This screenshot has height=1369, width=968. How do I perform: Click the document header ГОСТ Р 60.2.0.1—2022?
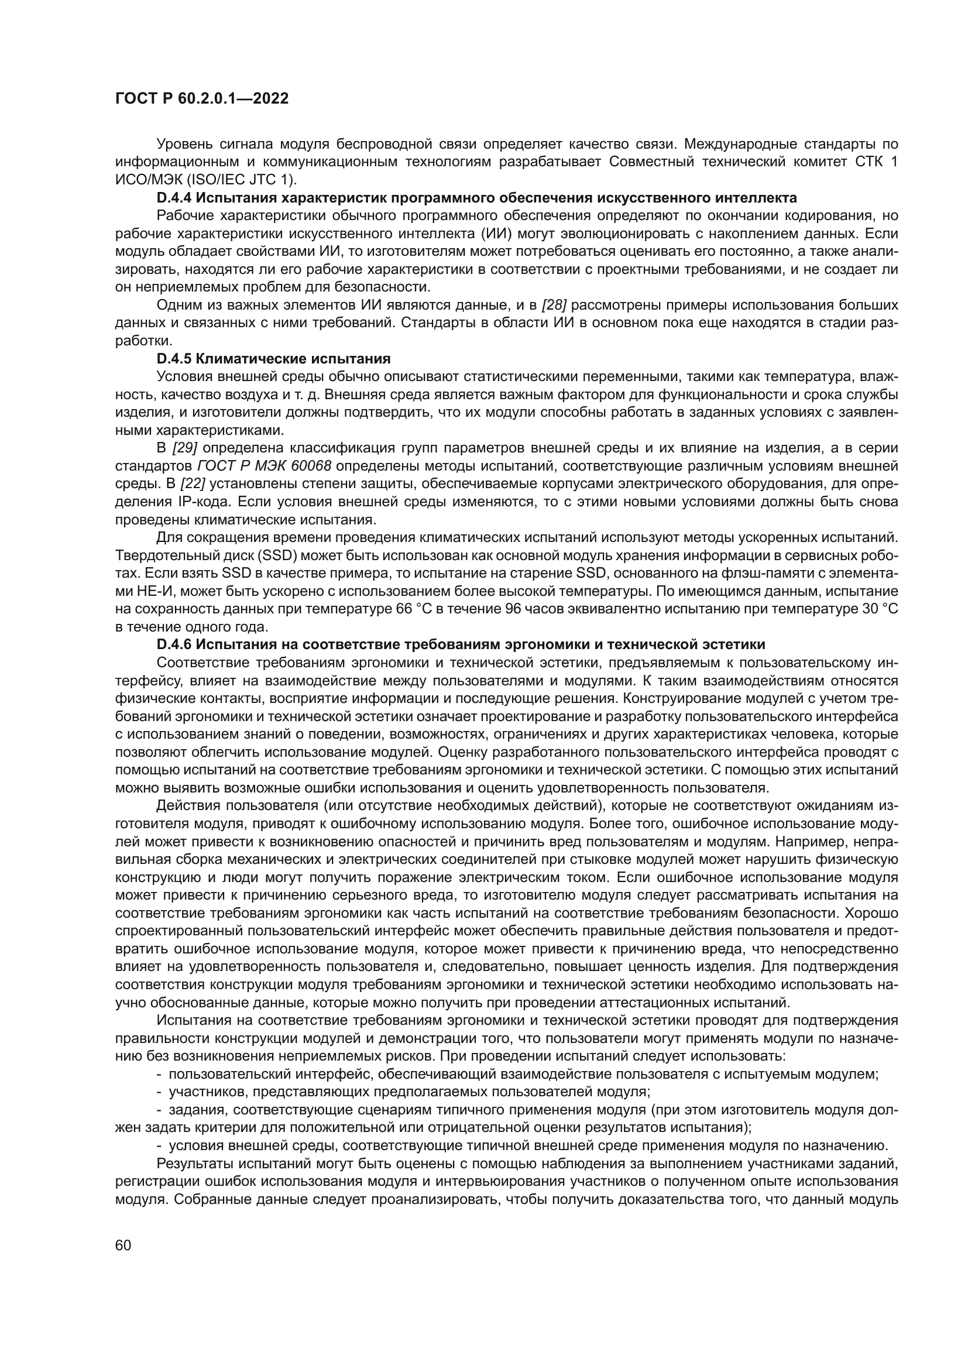(x=201, y=99)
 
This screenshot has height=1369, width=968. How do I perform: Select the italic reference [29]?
(x=184, y=448)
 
